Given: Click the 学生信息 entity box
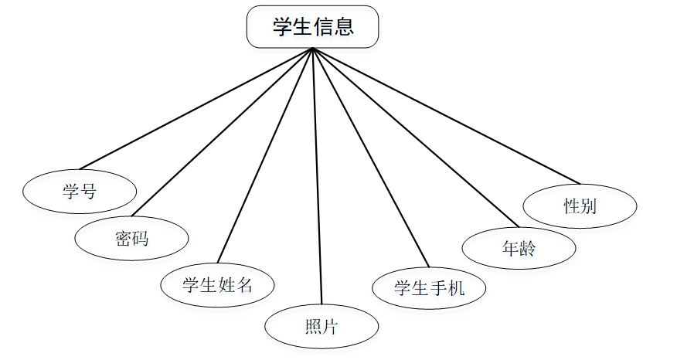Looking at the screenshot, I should click(312, 27).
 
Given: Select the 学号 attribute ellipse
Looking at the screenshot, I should click(80, 190).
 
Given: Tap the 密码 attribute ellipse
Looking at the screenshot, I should click(131, 238).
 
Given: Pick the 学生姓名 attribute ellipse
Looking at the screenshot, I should click(217, 284).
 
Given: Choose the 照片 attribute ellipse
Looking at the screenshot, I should click(321, 327).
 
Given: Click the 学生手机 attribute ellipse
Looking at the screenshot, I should click(429, 288).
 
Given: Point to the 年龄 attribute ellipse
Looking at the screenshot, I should click(519, 249).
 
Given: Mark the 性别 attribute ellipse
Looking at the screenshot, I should click(580, 206).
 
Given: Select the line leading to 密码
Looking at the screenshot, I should click(222, 132).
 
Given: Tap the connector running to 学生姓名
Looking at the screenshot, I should click(265, 156).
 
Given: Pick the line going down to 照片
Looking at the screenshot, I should click(317, 178).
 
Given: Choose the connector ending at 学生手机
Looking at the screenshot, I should click(370, 158).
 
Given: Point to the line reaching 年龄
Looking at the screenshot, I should click(414, 138).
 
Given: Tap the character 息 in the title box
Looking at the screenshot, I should click(344, 27).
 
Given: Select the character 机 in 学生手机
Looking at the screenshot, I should click(456, 288).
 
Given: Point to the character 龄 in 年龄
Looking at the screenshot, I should click(528, 249).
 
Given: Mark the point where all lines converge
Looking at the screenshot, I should click(312, 49).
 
